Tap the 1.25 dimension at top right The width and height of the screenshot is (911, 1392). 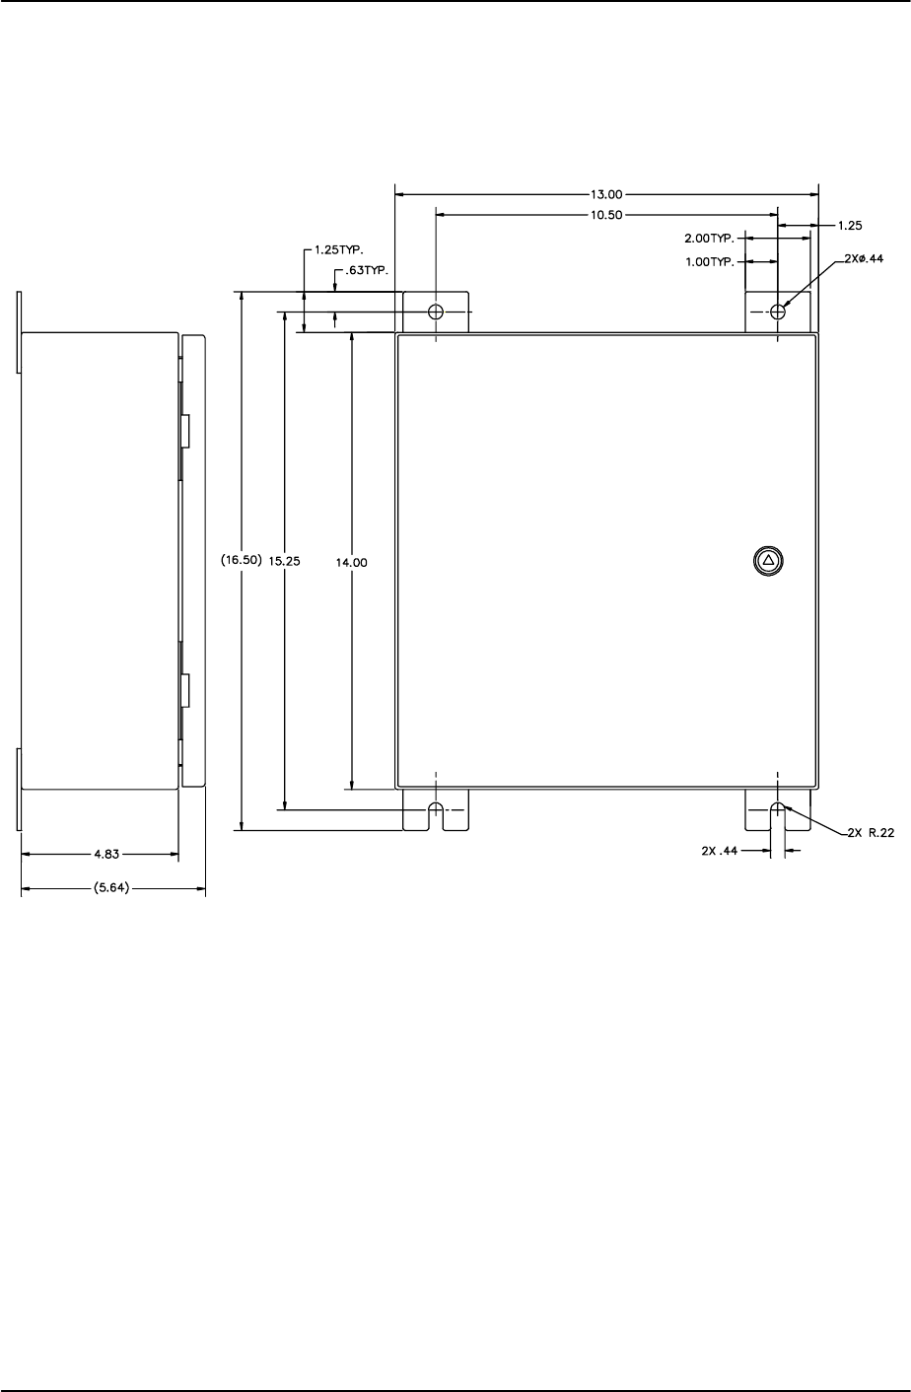[849, 226]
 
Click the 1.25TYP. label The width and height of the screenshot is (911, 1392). [334, 250]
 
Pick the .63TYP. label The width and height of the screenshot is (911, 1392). [363, 270]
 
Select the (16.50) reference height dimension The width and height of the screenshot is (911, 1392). [241, 560]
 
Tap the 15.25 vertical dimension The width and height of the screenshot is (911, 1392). [284, 560]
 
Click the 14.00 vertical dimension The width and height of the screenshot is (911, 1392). [352, 560]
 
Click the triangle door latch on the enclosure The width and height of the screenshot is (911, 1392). [769, 560]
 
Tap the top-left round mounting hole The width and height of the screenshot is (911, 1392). [436, 313]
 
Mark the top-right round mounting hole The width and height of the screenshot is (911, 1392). [778, 313]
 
